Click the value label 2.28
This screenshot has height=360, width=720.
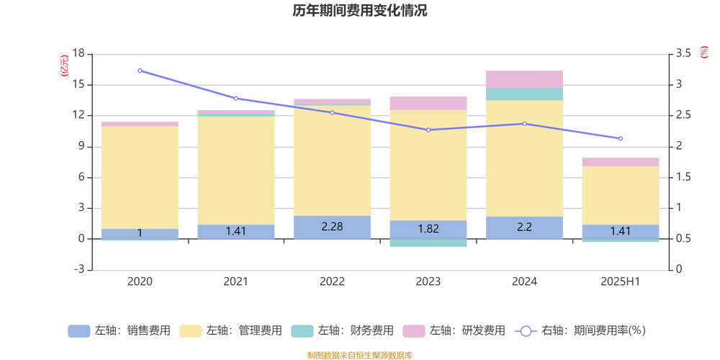[332, 227]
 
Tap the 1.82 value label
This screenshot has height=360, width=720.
[428, 229]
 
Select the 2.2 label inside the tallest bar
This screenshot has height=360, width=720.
[524, 227]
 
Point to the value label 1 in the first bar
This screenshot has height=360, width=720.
[140, 233]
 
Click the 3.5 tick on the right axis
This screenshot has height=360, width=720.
[683, 53]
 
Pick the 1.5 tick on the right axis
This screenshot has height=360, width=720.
[683, 177]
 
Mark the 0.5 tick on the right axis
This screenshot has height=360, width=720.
[683, 238]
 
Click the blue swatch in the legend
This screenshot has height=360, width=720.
[78, 331]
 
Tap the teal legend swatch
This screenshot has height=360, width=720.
[302, 331]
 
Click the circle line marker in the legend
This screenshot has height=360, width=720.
[526, 331]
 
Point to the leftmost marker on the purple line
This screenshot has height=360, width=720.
[140, 71]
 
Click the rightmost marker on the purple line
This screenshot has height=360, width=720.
[621, 138]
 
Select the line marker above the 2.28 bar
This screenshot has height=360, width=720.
[332, 112]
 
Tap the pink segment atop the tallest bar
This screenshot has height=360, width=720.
[524, 78]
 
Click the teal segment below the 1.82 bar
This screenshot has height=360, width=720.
[428, 243]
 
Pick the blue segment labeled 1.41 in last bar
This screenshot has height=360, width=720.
[621, 231]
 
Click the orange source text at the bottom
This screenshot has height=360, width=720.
[359, 354]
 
